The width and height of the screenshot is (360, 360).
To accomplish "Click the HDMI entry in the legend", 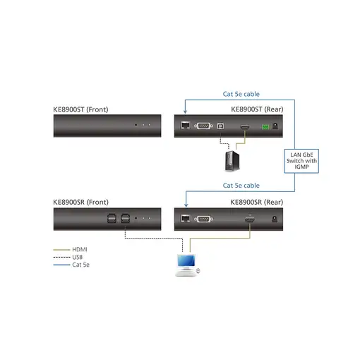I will coord(80,249).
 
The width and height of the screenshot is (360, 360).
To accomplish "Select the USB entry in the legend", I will coord(78,257).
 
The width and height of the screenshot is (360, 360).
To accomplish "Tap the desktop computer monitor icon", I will coord(186,264).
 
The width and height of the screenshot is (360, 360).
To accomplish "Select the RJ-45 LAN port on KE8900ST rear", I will coord(185,127).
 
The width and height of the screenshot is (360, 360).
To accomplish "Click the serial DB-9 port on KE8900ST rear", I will coord(203,127).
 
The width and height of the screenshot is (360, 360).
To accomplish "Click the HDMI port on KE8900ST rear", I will coord(245,127).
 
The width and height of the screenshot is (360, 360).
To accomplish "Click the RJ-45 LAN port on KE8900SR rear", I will coord(185,220).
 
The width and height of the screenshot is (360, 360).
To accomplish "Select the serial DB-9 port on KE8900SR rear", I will coord(203,220).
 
